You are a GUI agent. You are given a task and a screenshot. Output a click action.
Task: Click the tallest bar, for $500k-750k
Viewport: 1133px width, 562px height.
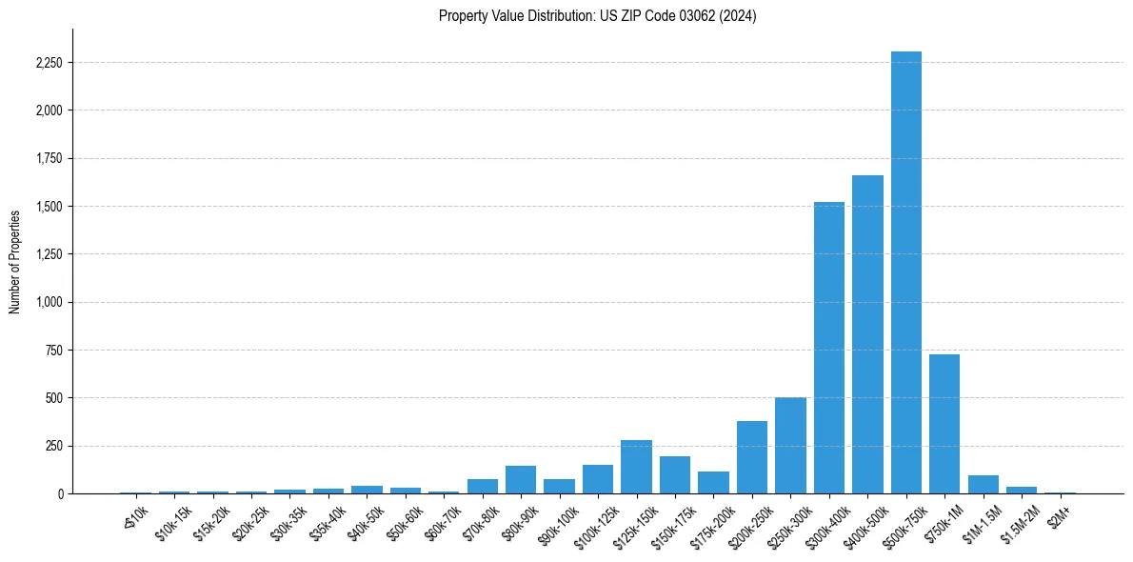click(905, 272)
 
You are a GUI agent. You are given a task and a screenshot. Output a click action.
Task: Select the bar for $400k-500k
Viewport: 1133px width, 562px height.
click(867, 334)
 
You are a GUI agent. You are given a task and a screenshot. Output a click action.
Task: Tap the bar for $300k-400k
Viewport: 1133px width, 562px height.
click(828, 348)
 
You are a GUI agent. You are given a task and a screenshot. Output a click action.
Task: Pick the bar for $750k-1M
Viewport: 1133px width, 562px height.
click(944, 424)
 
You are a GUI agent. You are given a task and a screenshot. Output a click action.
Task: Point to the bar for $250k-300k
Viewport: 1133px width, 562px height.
click(790, 446)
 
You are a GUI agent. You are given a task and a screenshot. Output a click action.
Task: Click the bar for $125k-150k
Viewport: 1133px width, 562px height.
click(636, 467)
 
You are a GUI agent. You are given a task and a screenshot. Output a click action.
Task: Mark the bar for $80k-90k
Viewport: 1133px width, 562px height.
click(521, 479)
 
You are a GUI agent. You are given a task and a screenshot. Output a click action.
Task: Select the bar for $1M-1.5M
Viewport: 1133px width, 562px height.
click(983, 484)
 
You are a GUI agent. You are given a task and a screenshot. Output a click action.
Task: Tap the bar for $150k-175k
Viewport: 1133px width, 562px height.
click(674, 474)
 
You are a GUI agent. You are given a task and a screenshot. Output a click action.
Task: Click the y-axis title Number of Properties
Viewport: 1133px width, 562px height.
click(15, 261)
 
